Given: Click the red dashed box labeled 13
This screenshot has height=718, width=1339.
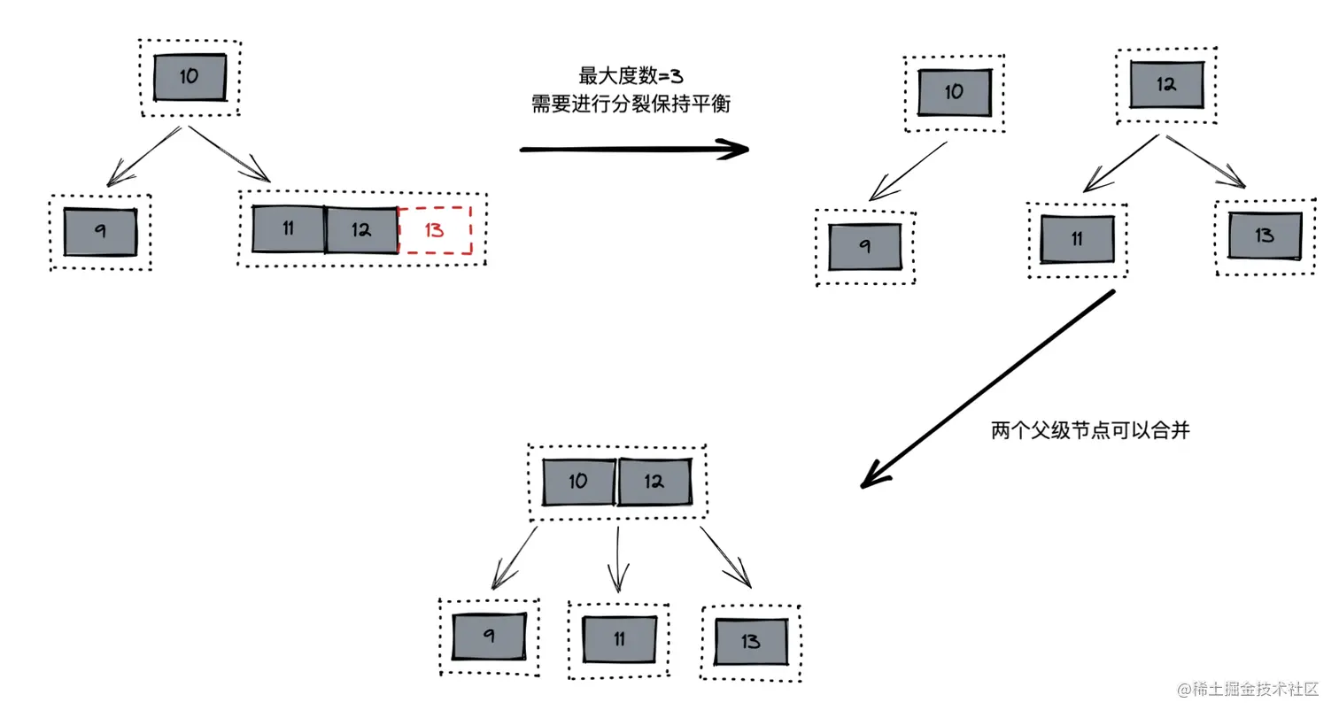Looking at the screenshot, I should [435, 230].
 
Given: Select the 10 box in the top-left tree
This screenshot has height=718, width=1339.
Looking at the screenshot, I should [190, 77].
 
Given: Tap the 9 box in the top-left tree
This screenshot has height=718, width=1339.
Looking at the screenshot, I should [100, 232].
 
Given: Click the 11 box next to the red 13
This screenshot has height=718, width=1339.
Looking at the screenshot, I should [288, 229].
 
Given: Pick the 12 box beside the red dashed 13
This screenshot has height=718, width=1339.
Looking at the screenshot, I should [360, 230].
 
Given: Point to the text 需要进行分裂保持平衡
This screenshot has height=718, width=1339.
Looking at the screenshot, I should [631, 104].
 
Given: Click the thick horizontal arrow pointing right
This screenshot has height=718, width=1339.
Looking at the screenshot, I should [633, 149].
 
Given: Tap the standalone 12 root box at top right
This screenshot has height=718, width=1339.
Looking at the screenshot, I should [1166, 85].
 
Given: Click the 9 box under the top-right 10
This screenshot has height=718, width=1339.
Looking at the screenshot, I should [864, 247].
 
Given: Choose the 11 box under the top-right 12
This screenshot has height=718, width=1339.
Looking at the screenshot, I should [1077, 240].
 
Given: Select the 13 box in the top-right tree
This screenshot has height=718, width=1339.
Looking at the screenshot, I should [1265, 235].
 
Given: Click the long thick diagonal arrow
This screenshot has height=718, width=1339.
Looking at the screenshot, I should [987, 390].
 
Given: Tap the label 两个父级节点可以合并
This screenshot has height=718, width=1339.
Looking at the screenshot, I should [1089, 431].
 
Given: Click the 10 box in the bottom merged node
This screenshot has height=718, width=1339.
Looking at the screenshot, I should [578, 483].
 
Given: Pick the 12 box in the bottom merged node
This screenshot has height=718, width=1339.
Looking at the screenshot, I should [654, 483].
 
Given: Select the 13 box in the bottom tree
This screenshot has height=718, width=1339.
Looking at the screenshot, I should [751, 642].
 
